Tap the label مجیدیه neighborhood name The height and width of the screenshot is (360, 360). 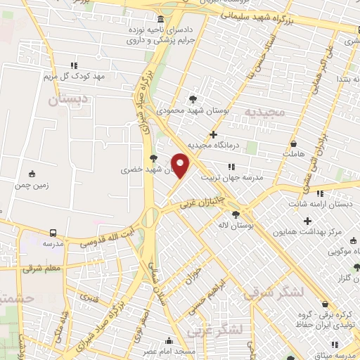264,112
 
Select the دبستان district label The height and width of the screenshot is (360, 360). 68,100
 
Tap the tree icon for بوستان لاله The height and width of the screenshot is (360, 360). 236,215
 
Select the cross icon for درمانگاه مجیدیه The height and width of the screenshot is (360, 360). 214,134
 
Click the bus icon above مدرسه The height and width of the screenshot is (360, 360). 53,232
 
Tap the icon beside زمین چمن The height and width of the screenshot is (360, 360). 31,174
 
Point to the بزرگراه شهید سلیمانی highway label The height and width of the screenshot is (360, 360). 272,18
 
